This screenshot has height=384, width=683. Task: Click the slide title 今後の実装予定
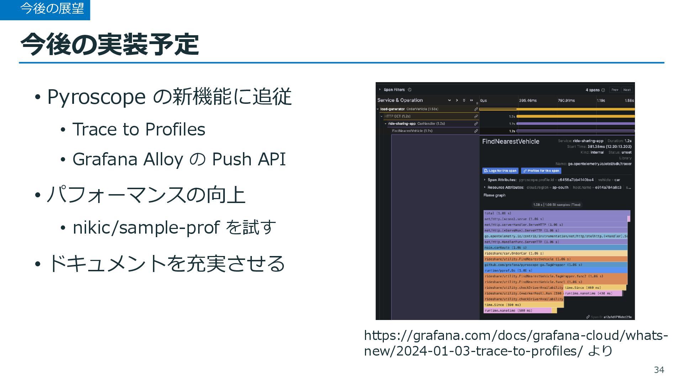point(110,44)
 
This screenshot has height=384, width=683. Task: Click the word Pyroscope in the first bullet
point(96,97)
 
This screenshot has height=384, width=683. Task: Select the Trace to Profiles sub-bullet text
point(139,129)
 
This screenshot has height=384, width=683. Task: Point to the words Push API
point(249,159)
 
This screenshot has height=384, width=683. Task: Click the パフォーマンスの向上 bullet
point(146,195)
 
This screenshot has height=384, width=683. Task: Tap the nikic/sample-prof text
point(146,228)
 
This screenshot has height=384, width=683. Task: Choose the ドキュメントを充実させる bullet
point(166,264)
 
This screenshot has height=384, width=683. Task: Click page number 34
point(659,370)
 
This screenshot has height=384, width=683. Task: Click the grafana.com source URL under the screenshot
point(516,343)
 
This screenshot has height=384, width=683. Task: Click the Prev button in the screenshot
point(615,90)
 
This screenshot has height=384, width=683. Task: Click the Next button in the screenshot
point(627,90)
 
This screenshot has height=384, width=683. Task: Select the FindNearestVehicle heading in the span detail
point(510,142)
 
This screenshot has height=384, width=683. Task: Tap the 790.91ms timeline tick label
point(566,101)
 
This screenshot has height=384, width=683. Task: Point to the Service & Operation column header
point(400,100)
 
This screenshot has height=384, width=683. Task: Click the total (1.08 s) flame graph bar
point(555,213)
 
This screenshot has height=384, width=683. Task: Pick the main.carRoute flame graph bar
point(555,247)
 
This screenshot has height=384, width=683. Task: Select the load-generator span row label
point(392,109)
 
